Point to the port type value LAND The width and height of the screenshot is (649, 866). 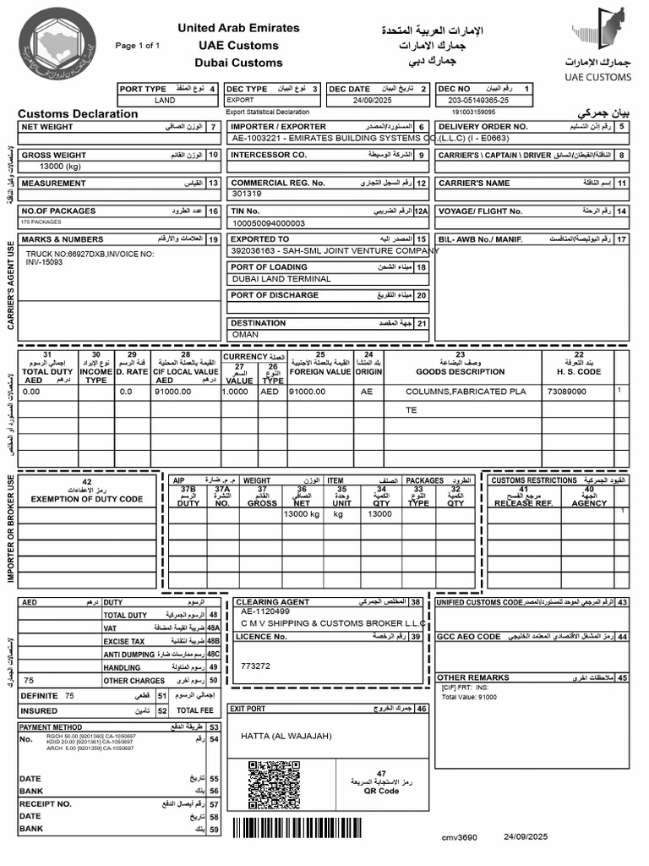[x=165, y=100]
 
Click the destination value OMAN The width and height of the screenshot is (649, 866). [x=245, y=335]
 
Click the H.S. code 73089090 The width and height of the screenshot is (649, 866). [x=567, y=392]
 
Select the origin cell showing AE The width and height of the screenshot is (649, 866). [x=367, y=392]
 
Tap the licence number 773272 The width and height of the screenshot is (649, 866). [x=255, y=666]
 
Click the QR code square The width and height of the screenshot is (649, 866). [x=274, y=785]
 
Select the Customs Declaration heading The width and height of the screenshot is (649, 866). [x=78, y=113]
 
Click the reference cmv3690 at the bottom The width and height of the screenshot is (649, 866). [x=459, y=837]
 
